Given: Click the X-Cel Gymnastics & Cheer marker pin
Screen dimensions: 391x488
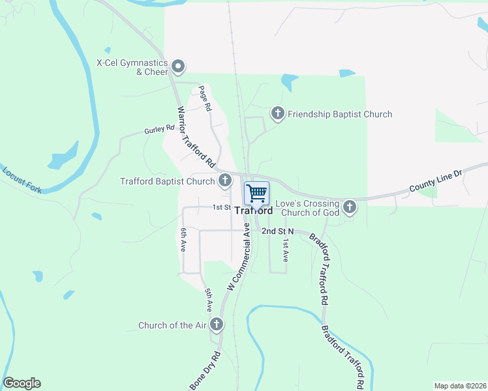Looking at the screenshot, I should point(177,66).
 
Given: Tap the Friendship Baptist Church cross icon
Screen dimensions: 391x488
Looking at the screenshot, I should point(277,114).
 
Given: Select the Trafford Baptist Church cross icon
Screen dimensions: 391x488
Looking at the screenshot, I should point(224,181).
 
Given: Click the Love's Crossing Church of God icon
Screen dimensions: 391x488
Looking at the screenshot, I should point(350,207).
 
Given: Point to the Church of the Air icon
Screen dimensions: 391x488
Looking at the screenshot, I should point(217,325).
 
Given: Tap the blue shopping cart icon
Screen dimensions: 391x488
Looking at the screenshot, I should point(257,192).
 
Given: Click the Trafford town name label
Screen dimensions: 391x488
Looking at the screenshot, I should point(253,211).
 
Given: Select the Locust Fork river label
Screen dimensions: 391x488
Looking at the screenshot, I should point(22,181).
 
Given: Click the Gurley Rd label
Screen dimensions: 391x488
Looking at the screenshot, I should point(160,130).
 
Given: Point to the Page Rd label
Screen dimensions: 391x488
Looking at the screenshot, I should point(206,97).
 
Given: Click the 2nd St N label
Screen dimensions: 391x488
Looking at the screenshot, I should point(279,231).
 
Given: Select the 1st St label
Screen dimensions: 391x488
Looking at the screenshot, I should point(222,207).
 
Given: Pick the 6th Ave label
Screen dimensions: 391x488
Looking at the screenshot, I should point(183,239).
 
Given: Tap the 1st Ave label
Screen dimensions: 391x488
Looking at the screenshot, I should point(284,250).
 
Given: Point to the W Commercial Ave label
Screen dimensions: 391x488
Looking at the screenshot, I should point(239,257).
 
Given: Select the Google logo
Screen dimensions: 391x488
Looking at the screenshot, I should point(22,383).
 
